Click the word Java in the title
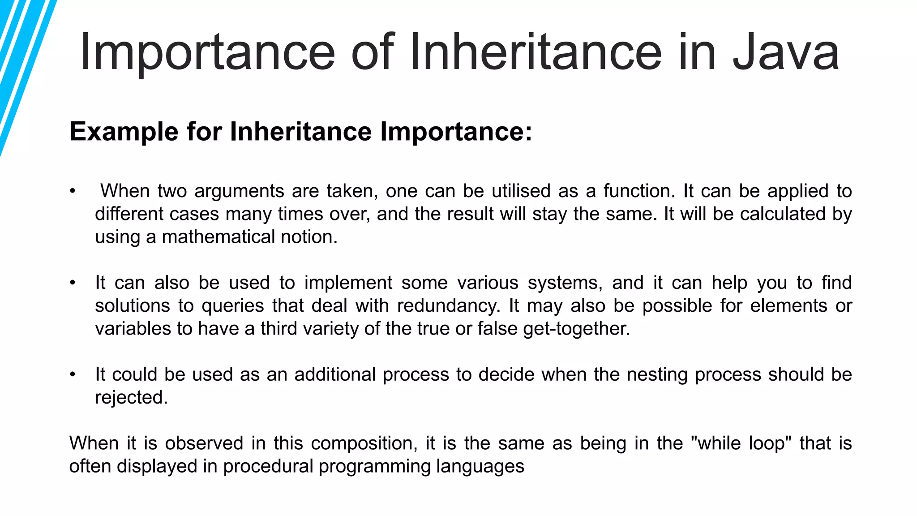click(x=785, y=53)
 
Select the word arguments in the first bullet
click(x=239, y=191)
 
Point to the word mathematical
click(x=218, y=237)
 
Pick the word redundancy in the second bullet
click(x=448, y=306)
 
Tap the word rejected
click(x=131, y=398)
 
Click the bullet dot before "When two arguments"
click(x=73, y=192)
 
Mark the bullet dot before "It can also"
click(x=73, y=283)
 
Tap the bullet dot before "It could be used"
click(x=73, y=375)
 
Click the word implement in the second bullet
click(x=348, y=283)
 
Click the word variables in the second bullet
click(x=133, y=329)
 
